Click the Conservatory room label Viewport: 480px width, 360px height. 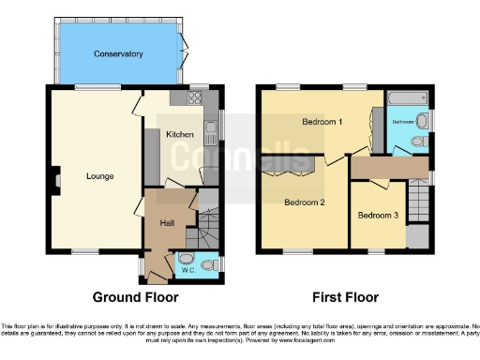pos(118,54)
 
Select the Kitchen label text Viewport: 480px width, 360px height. pos(180,135)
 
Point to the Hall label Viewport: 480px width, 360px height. pos(167,222)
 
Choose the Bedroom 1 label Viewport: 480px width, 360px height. pos(322,123)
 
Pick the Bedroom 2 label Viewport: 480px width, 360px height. pos(304,202)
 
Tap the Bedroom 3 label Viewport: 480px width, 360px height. pos(378,216)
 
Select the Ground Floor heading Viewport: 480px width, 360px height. pos(135,297)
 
